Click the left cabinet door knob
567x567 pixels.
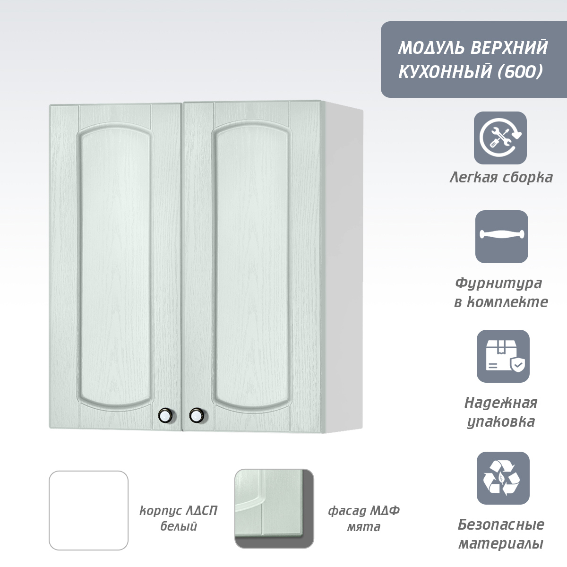click(166, 416)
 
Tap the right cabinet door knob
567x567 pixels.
click(197, 416)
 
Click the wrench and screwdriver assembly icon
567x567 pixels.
click(500, 137)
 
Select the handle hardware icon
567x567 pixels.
click(502, 237)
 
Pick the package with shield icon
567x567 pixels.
click(503, 356)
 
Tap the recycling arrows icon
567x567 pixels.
click(503, 478)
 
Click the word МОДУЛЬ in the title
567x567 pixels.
click(432, 48)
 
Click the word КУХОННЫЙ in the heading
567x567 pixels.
click(445, 71)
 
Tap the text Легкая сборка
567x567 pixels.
click(501, 178)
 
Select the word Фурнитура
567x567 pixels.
click(498, 284)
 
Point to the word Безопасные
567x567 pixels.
click(501, 524)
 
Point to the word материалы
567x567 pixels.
click(501, 544)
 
